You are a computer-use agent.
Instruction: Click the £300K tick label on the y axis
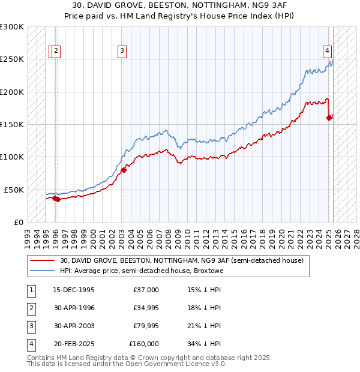(x=12, y=27)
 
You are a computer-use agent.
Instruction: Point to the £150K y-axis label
(x=12, y=124)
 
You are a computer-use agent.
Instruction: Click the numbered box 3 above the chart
(x=122, y=51)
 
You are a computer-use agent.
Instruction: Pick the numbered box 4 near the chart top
(x=328, y=51)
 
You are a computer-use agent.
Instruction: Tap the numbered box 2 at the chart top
(x=56, y=51)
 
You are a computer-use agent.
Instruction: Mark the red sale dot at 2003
(x=124, y=170)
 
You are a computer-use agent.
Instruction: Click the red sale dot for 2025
(x=329, y=118)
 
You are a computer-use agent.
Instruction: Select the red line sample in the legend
(x=43, y=260)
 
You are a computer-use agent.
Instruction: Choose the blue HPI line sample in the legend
(x=43, y=271)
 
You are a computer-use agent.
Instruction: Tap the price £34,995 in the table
(x=144, y=308)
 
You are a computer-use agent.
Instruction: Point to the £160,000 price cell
(x=144, y=344)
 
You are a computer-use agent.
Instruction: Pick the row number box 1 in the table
(x=30, y=290)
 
